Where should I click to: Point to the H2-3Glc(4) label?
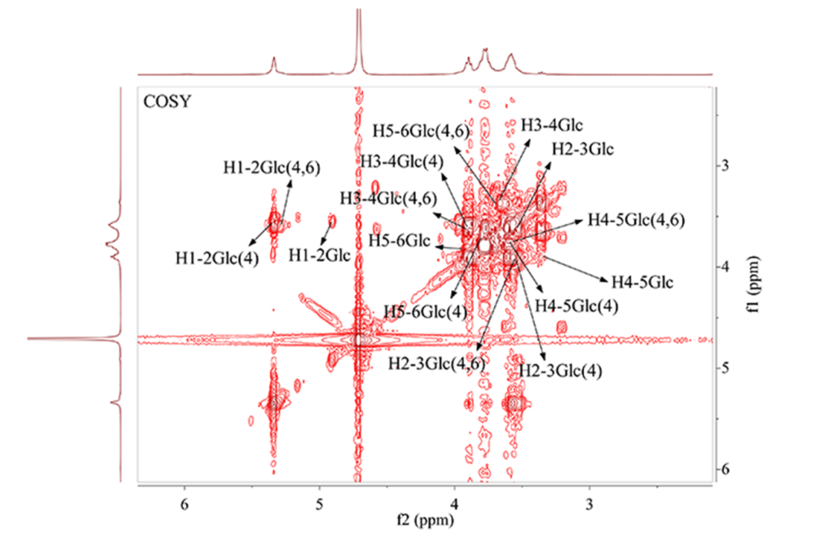pos(560,370)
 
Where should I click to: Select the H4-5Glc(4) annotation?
pos(576,306)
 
